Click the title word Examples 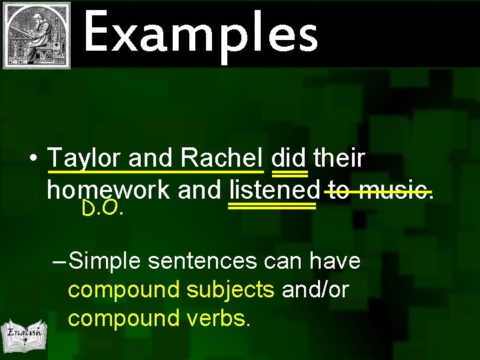point(201,33)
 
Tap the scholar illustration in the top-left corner point(37,35)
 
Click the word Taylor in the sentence point(85,159)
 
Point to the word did point(289,159)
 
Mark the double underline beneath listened point(272,207)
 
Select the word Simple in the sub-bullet point(105,261)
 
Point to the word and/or point(315,290)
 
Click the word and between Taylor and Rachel point(150,159)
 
